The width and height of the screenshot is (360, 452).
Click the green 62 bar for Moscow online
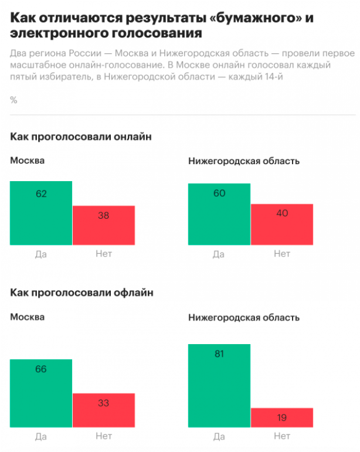click(x=41, y=213)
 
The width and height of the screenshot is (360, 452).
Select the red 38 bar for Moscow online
click(x=103, y=225)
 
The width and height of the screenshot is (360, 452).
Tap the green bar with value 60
click(x=219, y=214)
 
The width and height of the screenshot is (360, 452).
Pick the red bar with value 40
click(x=281, y=224)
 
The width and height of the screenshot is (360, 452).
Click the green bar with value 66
click(x=41, y=393)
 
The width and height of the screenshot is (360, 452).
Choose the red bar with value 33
click(x=103, y=410)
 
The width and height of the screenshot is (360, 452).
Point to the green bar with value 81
click(x=219, y=385)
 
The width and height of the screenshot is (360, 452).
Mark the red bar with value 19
click(x=281, y=417)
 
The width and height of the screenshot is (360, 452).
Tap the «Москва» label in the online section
click(x=27, y=161)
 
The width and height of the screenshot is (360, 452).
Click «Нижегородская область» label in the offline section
click(x=244, y=318)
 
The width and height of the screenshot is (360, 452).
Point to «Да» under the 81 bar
click(x=219, y=436)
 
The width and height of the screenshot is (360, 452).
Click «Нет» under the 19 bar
click(x=281, y=436)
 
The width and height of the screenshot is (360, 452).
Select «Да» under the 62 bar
click(x=41, y=254)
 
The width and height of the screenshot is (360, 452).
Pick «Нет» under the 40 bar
click(x=281, y=254)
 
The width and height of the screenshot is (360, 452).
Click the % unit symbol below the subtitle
click(x=13, y=100)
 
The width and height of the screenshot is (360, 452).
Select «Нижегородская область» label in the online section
click(x=244, y=161)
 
